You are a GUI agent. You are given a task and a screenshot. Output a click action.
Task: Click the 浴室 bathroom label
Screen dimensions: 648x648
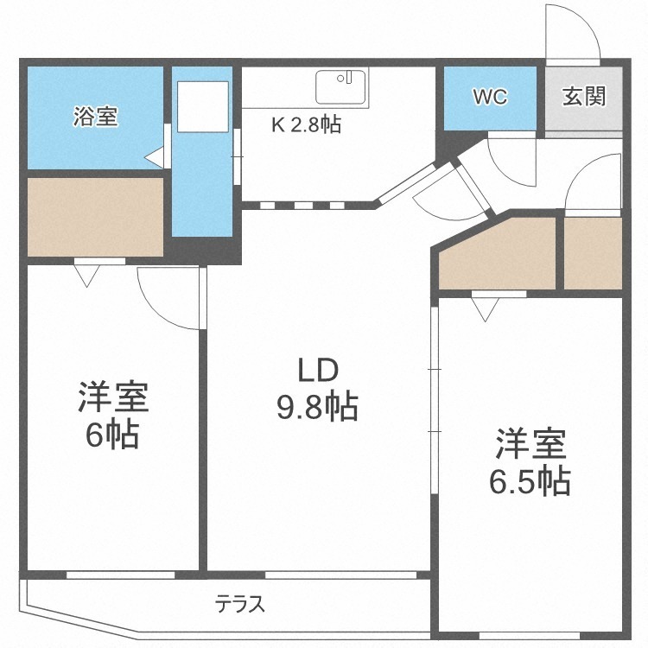tap(95, 117)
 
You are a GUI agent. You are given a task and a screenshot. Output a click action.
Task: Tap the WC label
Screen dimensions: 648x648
tap(490, 97)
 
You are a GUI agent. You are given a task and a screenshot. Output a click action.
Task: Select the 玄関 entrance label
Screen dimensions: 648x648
tap(584, 96)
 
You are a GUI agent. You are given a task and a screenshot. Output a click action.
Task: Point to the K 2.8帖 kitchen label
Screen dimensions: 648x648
tap(306, 124)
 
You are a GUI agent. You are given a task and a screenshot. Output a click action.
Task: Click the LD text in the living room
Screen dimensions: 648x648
tap(318, 370)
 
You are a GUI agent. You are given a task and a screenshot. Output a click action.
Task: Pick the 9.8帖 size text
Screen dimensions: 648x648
tap(317, 407)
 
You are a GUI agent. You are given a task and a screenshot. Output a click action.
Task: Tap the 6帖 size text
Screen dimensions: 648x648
tap(111, 436)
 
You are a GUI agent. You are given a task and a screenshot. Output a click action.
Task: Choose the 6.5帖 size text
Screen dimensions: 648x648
tap(530, 482)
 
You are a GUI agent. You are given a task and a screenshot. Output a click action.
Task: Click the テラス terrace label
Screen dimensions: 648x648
tap(239, 604)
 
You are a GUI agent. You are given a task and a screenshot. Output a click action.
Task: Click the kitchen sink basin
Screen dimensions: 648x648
tap(341, 86)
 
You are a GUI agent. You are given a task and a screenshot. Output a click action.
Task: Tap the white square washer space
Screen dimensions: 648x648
tap(203, 106)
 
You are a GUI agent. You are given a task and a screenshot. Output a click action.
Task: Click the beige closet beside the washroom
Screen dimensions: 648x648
tap(95, 217)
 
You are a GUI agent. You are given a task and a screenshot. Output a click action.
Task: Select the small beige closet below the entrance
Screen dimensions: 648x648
tap(593, 253)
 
